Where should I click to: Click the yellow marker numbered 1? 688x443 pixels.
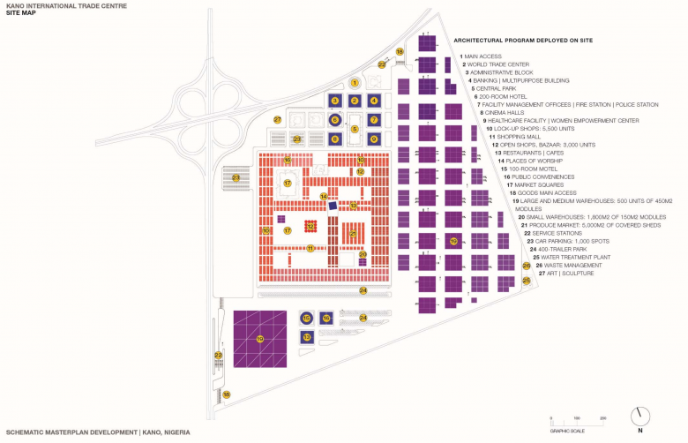coord(355,82)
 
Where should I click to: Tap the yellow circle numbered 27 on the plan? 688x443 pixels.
coord(277,119)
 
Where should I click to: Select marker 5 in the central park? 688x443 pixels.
coord(355,129)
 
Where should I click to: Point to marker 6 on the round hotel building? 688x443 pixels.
coord(334,119)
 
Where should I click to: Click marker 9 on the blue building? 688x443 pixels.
coord(374,139)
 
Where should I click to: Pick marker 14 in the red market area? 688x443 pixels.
coord(324,196)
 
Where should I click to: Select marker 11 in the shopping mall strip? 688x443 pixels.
coord(310,248)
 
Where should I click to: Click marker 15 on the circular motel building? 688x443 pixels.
coord(307,318)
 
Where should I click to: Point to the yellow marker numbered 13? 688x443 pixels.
coord(307,337)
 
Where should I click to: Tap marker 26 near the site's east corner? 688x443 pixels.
coord(526,265)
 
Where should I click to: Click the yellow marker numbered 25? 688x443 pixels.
coord(526,281)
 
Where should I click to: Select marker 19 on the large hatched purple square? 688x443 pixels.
coord(260,338)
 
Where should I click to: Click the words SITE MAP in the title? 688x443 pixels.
coord(19,15)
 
